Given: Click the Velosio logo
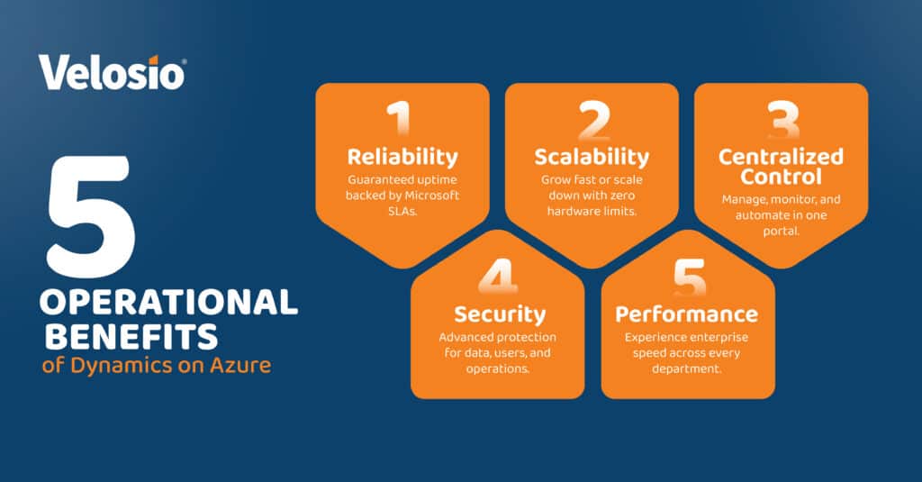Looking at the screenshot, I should (x=113, y=71).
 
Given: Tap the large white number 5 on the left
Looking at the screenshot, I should (x=91, y=216).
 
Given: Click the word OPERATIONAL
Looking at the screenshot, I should (x=168, y=303).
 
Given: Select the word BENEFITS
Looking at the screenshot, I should (x=131, y=337).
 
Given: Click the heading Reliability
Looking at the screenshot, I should (x=402, y=157).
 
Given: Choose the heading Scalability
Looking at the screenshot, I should (x=592, y=157).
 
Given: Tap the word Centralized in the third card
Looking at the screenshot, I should (x=781, y=157).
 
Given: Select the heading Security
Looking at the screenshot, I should (x=500, y=314).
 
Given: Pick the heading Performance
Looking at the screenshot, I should (x=687, y=314).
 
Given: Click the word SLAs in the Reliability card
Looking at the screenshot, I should (x=402, y=210).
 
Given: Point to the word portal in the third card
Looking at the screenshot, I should (x=781, y=231).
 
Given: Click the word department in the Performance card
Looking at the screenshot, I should (x=688, y=368).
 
